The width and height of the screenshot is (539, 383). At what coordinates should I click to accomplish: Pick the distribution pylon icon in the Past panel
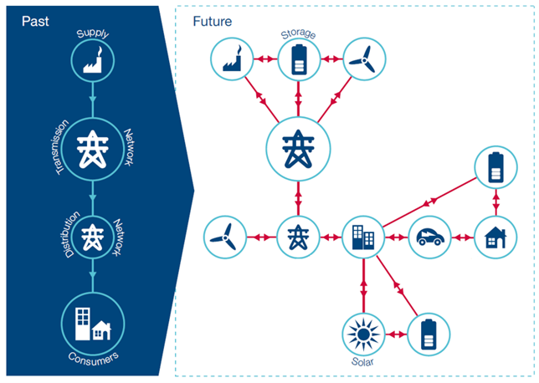(x=92, y=237)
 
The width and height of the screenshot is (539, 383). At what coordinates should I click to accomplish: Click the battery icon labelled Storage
(x=298, y=60)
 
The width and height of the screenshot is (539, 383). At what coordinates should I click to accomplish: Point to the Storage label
(x=298, y=35)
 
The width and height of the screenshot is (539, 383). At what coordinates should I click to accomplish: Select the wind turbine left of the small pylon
(x=225, y=238)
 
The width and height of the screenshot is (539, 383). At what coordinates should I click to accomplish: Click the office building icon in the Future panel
(x=364, y=238)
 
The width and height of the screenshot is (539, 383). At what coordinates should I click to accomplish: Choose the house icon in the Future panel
(x=495, y=238)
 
